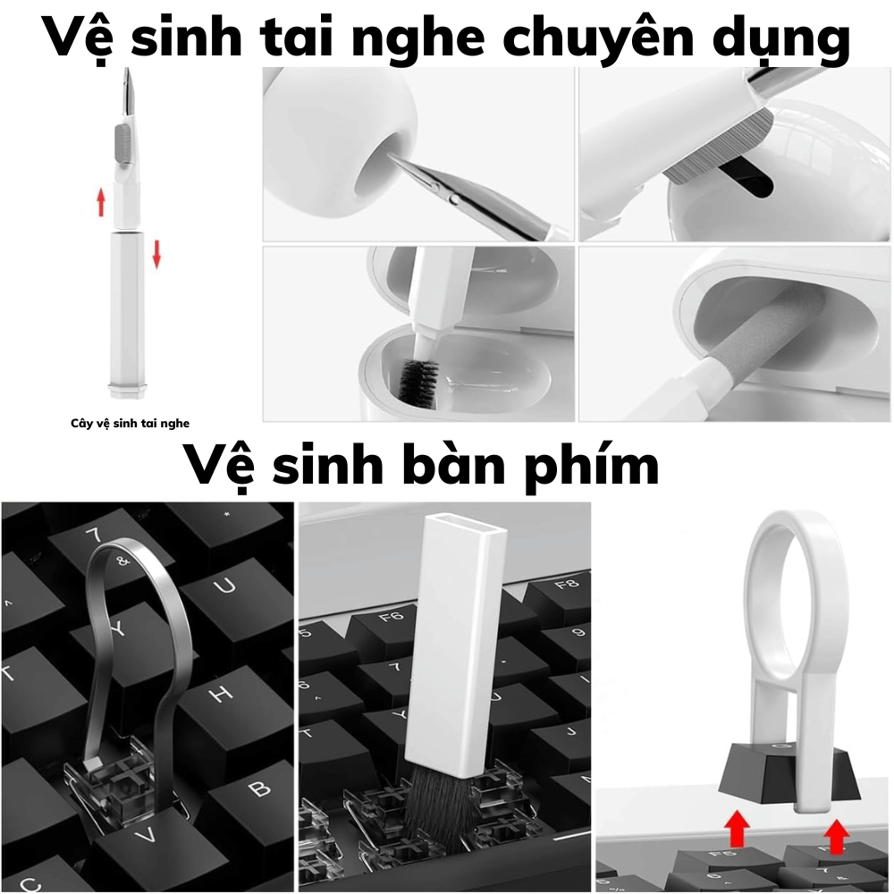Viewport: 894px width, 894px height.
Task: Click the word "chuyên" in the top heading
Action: pos(598,38)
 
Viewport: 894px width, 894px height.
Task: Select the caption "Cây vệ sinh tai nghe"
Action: pos(130,423)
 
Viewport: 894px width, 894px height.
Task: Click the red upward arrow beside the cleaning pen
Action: pos(101,202)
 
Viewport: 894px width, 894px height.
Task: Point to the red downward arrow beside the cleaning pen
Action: pos(156,254)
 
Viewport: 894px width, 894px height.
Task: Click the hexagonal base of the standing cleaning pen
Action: pos(127,391)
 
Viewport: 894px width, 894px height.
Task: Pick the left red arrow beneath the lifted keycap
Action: pos(738,829)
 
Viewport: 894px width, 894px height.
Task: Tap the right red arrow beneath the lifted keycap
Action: pos(837,836)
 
